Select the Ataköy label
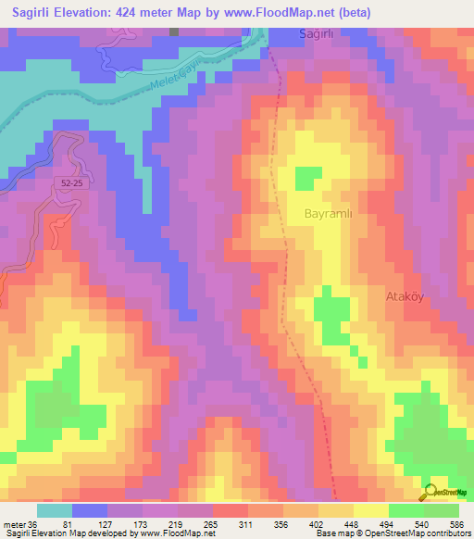coord(404,297)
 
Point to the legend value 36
coord(32,524)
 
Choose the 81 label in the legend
coord(76,524)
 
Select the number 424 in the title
coord(142,12)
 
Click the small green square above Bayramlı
coord(307,176)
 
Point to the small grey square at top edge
coord(174,31)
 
